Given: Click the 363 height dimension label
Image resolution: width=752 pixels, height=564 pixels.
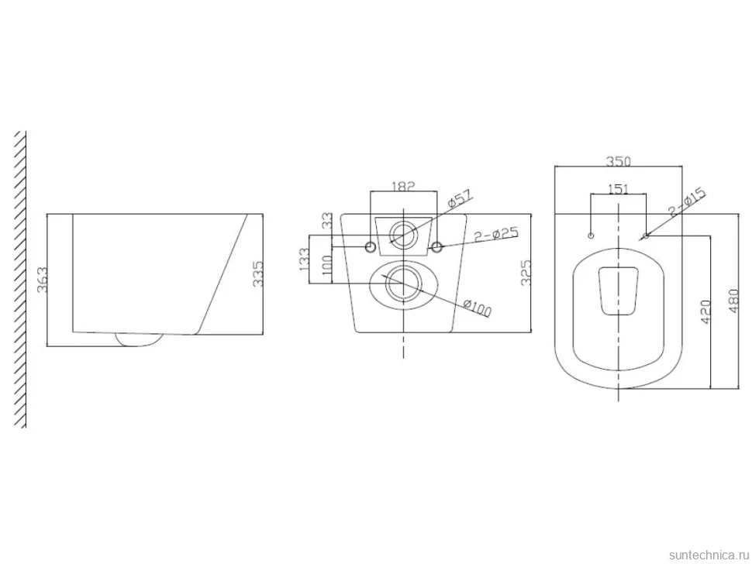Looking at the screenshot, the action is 42,280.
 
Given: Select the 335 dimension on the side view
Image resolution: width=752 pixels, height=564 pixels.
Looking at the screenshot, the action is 258,273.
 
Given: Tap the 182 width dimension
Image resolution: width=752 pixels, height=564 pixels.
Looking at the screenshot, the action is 403,186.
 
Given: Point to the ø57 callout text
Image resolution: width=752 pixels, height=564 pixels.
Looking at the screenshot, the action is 460,199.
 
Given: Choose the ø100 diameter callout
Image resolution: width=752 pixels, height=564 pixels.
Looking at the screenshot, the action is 478,308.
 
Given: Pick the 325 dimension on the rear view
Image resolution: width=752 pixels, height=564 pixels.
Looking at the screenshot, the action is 526,273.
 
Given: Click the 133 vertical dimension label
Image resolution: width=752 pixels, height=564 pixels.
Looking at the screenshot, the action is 304,260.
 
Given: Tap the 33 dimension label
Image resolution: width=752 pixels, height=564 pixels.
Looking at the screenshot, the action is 327,221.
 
